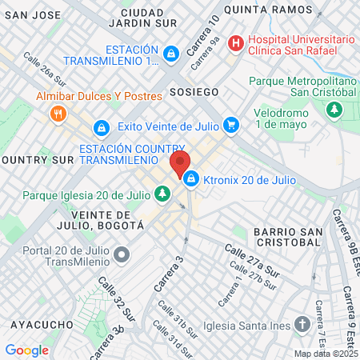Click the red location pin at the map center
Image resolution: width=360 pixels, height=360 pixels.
[180, 164]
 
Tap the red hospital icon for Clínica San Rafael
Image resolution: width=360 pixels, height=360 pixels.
[235, 44]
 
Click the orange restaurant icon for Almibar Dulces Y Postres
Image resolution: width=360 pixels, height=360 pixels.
[57, 114]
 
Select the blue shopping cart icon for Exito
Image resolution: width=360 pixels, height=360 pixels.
[231, 125]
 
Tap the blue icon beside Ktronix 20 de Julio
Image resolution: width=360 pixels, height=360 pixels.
[191, 179]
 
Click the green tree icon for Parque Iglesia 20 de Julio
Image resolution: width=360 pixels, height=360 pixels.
[162, 194]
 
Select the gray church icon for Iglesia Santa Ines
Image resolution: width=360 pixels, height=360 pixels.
[302, 324]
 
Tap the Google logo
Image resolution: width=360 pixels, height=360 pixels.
[26, 350]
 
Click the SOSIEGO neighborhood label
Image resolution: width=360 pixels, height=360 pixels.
[193, 92]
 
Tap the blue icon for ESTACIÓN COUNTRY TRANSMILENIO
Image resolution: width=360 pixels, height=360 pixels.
[101, 128]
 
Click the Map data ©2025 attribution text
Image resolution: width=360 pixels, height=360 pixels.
[325, 353]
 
